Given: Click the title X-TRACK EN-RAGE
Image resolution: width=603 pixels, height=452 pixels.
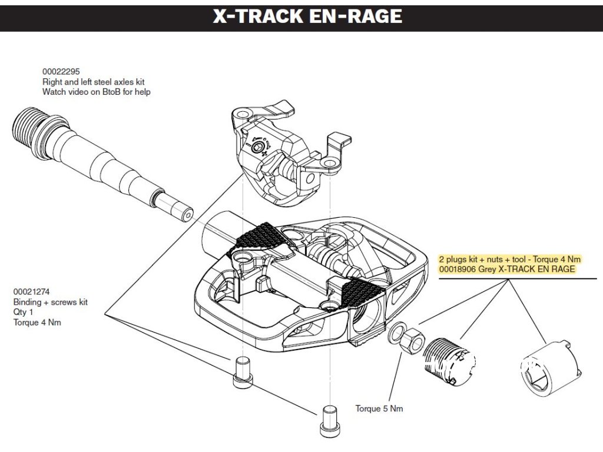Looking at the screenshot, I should tap(307, 16).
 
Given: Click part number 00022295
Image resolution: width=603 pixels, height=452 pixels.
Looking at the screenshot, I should tap(58, 71).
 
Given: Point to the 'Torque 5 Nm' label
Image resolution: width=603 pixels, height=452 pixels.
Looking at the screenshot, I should tap(379, 408).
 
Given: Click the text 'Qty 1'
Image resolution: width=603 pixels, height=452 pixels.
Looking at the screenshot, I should tap(23, 312).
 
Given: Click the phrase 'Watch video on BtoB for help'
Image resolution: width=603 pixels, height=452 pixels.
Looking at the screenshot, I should tap(97, 92).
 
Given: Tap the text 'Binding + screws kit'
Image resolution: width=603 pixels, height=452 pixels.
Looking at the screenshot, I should tap(50, 302).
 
